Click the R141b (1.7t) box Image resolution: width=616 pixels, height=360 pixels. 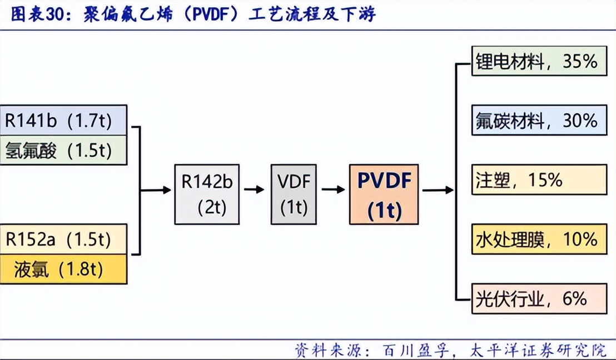tap(63, 120)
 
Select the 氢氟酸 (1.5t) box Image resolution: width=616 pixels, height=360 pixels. tap(63, 150)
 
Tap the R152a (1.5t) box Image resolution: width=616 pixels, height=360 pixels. tap(63, 239)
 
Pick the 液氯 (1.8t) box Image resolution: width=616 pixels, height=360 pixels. tap(63, 269)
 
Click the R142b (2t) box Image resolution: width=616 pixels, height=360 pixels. tap(207, 194)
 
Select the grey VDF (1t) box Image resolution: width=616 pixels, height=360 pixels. tap(294, 194)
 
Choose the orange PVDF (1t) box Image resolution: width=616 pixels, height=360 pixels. tap(384, 194)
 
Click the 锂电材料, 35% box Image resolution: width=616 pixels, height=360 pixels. tap(539, 61)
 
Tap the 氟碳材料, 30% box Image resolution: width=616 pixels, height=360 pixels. tap(539, 120)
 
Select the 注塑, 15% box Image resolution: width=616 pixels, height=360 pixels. tap(539, 179)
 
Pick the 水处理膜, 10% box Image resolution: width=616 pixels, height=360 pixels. tap(539, 239)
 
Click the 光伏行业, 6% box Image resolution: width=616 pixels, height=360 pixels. tap(539, 298)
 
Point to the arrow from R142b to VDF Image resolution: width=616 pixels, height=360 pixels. tap(254, 189)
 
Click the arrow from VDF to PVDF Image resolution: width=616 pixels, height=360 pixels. tap(333, 189)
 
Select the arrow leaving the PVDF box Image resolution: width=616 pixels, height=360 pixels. tap(438, 190)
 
